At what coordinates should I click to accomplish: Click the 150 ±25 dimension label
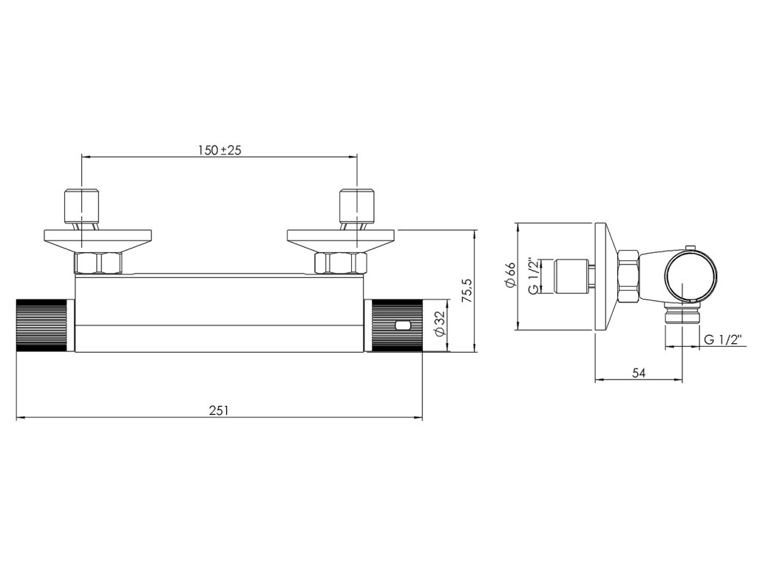click(x=219, y=149)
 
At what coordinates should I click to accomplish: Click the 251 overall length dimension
click(x=219, y=410)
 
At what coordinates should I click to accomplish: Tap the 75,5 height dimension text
click(x=466, y=290)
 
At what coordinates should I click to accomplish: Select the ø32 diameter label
click(x=439, y=324)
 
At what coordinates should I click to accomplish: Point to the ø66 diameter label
click(x=510, y=277)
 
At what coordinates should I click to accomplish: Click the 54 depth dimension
click(x=639, y=373)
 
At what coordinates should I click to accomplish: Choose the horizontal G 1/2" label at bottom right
click(x=722, y=339)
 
